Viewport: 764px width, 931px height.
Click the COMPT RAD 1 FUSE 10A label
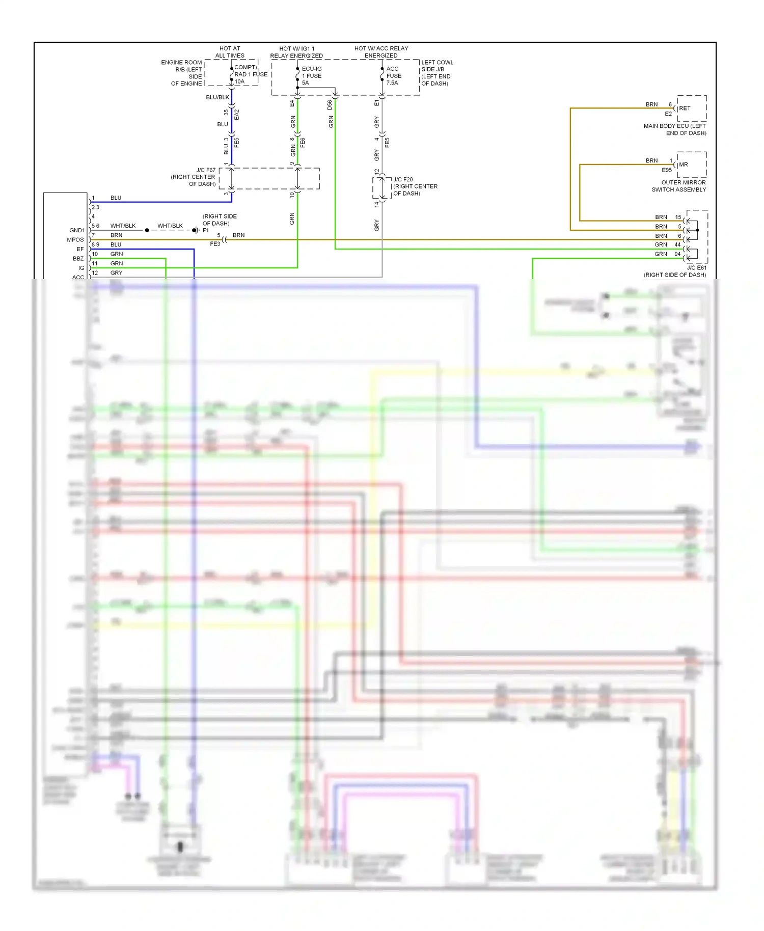tap(250, 74)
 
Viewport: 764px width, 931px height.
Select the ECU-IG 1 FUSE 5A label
tap(312, 76)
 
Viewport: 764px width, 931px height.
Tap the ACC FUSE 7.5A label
tap(393, 76)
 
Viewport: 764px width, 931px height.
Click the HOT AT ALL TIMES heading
tap(230, 52)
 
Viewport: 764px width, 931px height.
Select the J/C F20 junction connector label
tap(415, 186)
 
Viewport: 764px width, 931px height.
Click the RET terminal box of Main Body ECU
tap(691, 108)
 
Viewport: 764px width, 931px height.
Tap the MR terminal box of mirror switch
tap(691, 165)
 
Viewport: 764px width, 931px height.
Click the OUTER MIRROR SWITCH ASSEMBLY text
tap(679, 186)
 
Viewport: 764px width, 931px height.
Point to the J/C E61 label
tap(696, 268)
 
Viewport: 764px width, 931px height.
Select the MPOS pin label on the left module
tap(75, 240)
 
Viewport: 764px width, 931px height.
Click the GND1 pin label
tap(77, 230)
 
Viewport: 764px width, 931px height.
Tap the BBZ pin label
tap(78, 259)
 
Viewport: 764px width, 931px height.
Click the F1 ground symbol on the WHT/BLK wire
tap(195, 230)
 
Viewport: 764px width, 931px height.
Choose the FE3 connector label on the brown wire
tap(215, 244)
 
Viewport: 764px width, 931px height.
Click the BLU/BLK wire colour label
tap(217, 97)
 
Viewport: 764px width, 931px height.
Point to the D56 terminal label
tap(330, 104)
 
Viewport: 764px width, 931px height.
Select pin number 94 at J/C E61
tap(677, 254)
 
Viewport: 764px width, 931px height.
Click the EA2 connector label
tap(237, 115)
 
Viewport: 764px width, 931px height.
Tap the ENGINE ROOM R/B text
tap(182, 66)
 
